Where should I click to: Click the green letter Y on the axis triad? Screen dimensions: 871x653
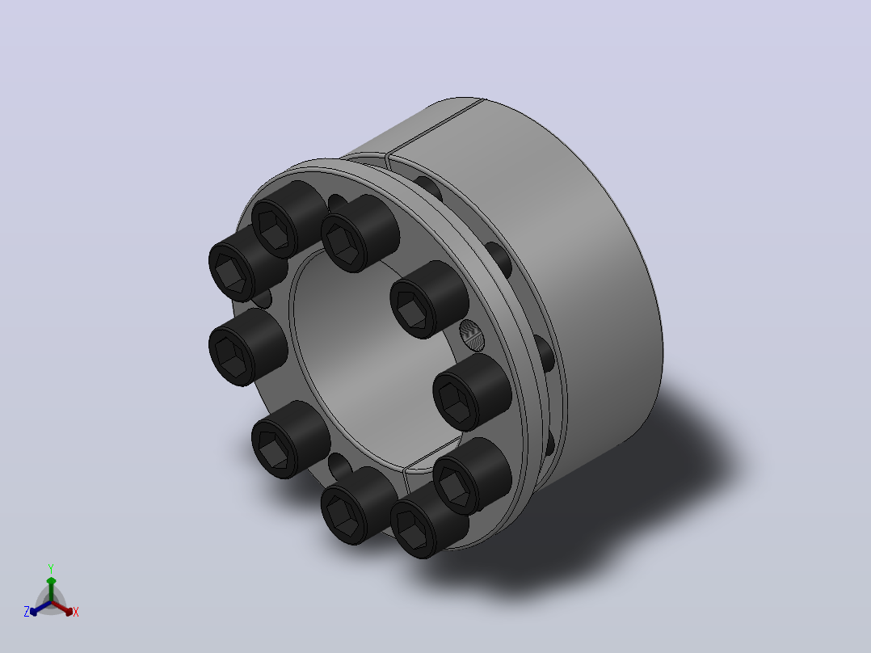pyautogui.click(x=51, y=569)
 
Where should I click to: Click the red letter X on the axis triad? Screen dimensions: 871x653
pyautogui.click(x=76, y=612)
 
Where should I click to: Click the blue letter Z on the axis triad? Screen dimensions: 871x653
pyautogui.click(x=27, y=612)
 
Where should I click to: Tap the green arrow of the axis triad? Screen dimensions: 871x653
pyautogui.click(x=51, y=589)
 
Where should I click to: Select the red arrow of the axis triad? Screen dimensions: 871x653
pyautogui.click(x=62, y=608)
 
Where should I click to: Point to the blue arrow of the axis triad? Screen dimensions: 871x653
pyautogui.click(x=40, y=608)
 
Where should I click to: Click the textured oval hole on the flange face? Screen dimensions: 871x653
pyautogui.click(x=472, y=335)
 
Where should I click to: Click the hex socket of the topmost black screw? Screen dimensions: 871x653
pyautogui.click(x=274, y=229)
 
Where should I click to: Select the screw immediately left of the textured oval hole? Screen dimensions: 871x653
pyautogui.click(x=429, y=299)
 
